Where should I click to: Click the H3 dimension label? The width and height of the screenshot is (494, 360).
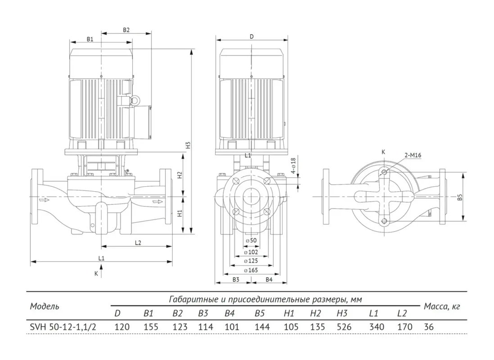point(188,145)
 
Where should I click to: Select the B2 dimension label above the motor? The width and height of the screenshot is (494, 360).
point(126,30)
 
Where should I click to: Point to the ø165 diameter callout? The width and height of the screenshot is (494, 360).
point(251,270)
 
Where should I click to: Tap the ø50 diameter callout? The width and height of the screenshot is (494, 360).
point(251,240)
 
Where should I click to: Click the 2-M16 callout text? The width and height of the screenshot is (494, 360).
point(412,155)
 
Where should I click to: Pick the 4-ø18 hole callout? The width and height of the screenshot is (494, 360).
point(293,166)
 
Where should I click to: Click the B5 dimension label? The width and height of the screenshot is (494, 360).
point(460,198)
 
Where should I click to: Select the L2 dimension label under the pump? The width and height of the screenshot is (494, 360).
point(138,243)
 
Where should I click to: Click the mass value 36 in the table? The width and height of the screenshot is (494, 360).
point(429,327)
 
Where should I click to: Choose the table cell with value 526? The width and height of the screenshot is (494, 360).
point(344,327)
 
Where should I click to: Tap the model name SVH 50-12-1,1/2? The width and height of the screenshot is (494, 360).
point(63,327)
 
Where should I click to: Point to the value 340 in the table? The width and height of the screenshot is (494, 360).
point(376,327)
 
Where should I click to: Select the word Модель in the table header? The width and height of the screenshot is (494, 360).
point(45,306)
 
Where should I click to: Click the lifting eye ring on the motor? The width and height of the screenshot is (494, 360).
point(136,100)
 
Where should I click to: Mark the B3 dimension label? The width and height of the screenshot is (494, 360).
point(236,279)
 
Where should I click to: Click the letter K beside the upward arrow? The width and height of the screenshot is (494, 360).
point(96,274)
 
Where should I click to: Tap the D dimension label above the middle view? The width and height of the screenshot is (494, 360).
point(251,36)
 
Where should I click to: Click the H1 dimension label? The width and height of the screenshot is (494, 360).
point(180,213)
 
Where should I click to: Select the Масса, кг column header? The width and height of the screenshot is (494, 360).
point(442,306)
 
